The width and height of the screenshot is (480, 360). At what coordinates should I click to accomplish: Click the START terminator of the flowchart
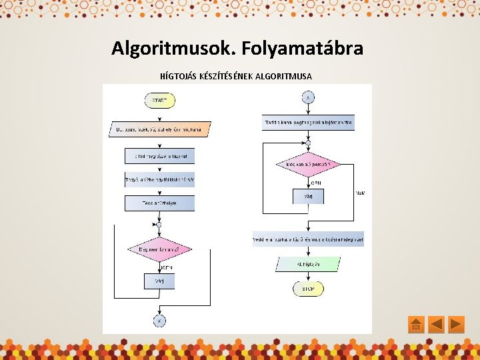(x=159, y=101)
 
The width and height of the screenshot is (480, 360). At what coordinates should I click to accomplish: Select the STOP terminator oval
(x=308, y=289)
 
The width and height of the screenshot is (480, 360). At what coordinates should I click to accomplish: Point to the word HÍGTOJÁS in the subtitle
(x=179, y=76)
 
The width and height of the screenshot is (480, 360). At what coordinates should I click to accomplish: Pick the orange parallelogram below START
(x=159, y=129)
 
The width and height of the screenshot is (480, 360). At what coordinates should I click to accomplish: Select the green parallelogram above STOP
(x=308, y=265)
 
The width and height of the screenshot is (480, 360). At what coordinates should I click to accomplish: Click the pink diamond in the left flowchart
(x=159, y=250)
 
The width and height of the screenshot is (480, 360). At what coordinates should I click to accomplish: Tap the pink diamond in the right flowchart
(x=308, y=164)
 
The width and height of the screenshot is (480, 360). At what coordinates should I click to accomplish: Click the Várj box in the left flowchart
(x=159, y=281)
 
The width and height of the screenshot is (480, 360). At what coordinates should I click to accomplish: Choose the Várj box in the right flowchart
(x=308, y=197)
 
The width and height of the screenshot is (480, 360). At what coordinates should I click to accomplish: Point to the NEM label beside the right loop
(x=360, y=193)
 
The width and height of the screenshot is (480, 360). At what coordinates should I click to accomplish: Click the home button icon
(x=415, y=325)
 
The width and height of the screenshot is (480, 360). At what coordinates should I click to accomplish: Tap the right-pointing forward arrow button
(x=456, y=325)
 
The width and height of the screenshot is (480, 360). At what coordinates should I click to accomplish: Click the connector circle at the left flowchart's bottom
(x=159, y=321)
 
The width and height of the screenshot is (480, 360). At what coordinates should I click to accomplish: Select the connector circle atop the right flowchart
(x=308, y=97)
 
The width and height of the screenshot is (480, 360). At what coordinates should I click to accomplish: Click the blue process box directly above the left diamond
(x=159, y=203)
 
